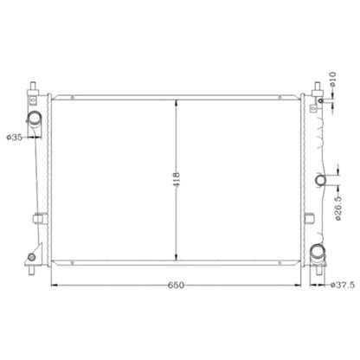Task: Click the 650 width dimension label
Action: click(x=176, y=285)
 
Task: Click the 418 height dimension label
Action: click(x=177, y=179)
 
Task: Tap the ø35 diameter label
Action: click(x=15, y=138)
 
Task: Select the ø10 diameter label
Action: click(x=332, y=79)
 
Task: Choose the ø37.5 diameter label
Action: click(x=343, y=285)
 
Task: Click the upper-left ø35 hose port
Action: click(x=34, y=118)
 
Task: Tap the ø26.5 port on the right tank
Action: click(x=320, y=180)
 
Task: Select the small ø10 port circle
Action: click(x=320, y=100)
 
